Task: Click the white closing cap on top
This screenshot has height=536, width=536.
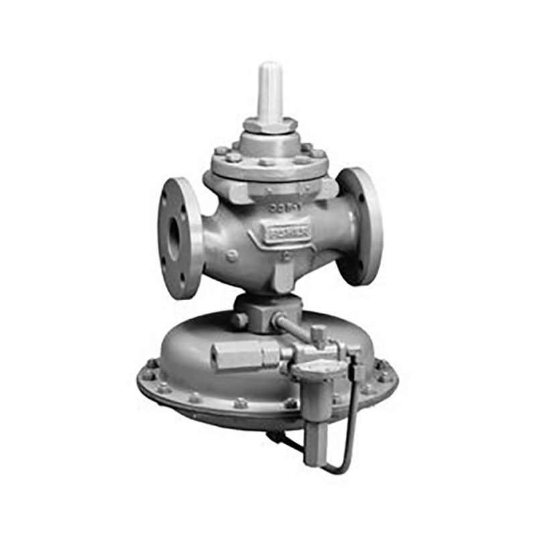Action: pos(269,90)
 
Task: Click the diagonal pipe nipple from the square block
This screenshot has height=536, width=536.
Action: pos(293,327)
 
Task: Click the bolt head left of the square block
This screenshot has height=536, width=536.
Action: pos(239,321)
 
